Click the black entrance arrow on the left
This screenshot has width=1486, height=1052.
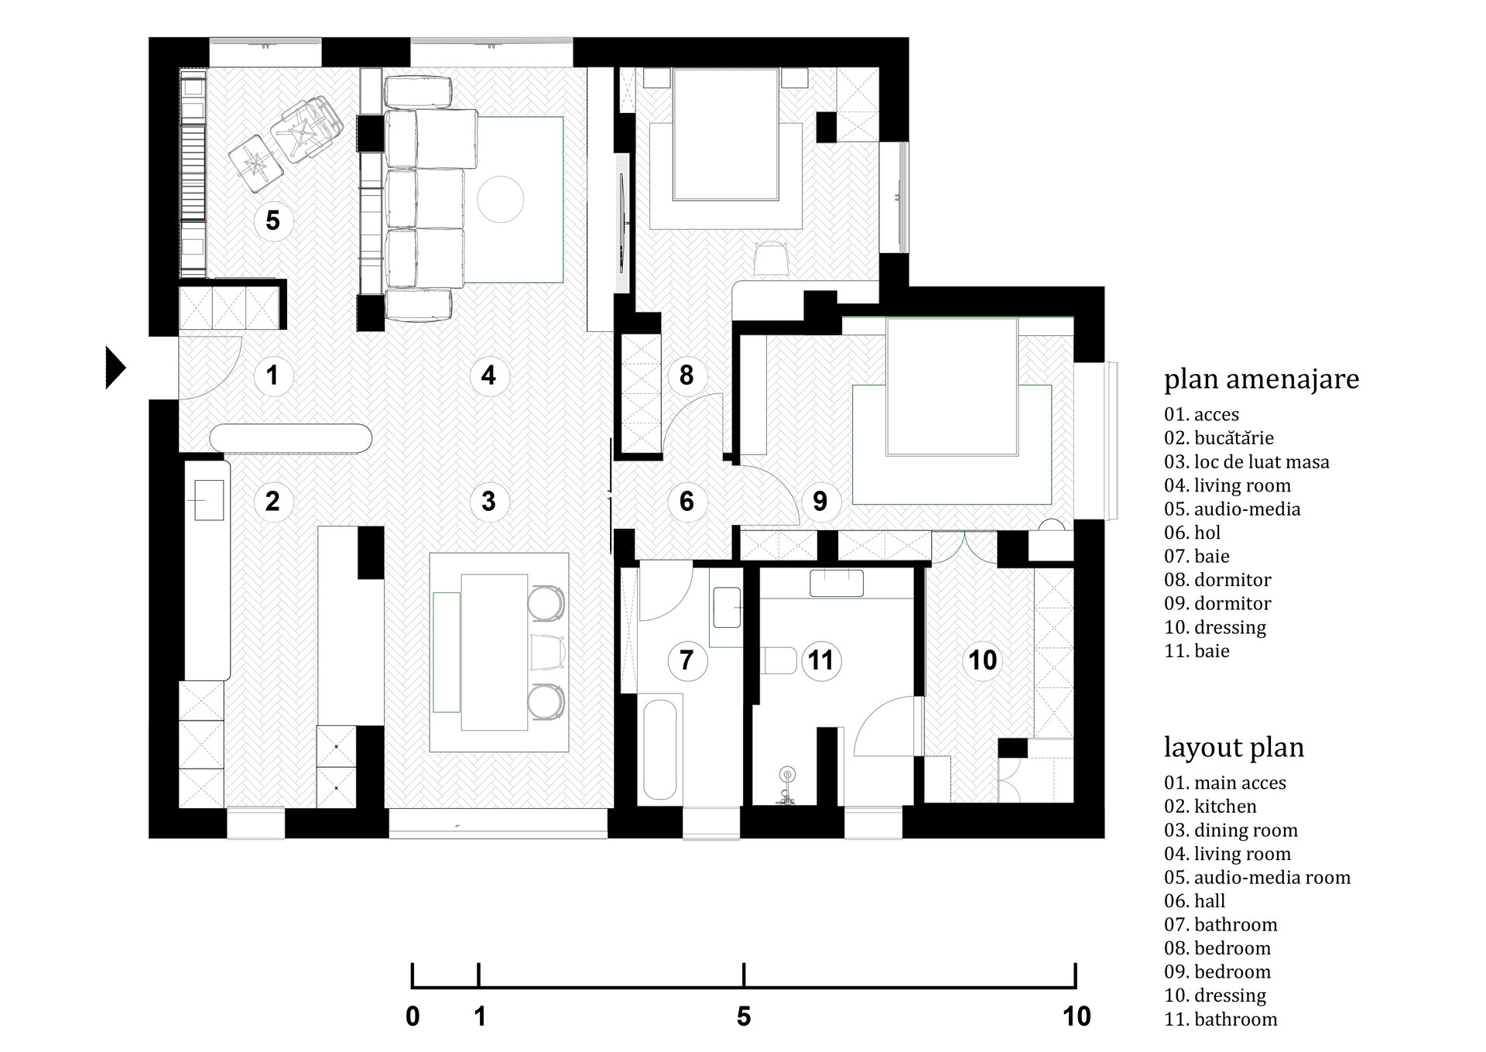pos(115,368)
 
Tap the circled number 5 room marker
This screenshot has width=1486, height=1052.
pos(272,221)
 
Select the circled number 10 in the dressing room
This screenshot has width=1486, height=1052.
pos(982,660)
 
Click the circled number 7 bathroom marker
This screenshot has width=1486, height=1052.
pos(686,660)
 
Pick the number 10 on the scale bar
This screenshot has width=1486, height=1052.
pos(1077,1016)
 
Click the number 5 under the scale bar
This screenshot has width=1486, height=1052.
pos(744,1016)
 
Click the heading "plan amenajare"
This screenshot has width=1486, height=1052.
pos(1262,380)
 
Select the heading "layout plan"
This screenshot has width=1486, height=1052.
pos(1234,748)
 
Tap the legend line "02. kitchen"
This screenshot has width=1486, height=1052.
pos(1210,807)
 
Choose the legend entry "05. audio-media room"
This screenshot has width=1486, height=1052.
pos(1257,878)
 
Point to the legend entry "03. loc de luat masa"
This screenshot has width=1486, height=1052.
pos(1247,462)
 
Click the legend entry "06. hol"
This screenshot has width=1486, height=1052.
pos(1193,533)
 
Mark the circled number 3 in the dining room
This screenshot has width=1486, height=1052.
pos(488,501)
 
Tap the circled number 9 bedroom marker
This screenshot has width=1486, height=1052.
pos(820,501)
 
